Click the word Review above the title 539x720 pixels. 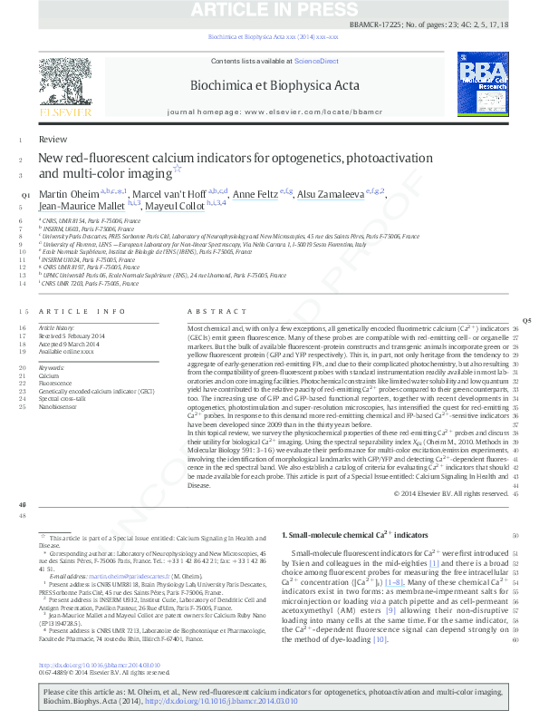click(53, 140)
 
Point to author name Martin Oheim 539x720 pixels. click(68, 194)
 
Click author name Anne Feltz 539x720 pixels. click(255, 194)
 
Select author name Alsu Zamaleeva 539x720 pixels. click(332, 194)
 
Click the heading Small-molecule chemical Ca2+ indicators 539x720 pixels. click(349, 536)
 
